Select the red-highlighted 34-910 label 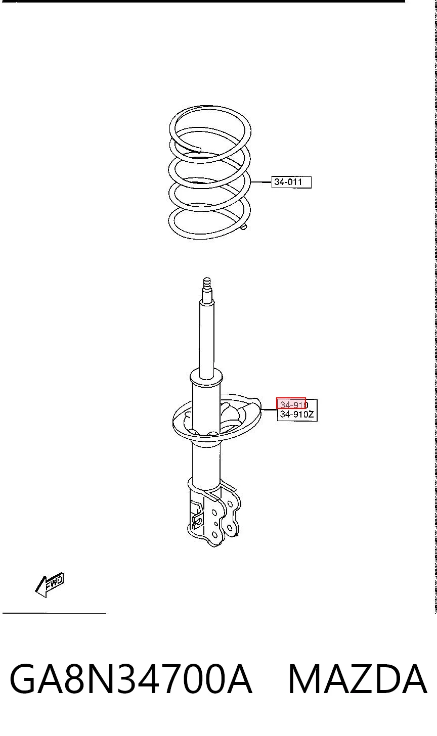pyautogui.click(x=291, y=403)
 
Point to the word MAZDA pyautogui.click(x=358, y=679)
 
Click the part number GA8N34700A pyautogui.click(x=131, y=679)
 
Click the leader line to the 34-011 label pyautogui.click(x=261, y=181)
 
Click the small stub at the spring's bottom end pyautogui.click(x=243, y=226)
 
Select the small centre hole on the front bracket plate pyautogui.click(x=215, y=523)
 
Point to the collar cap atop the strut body pyautogui.click(x=206, y=379)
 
